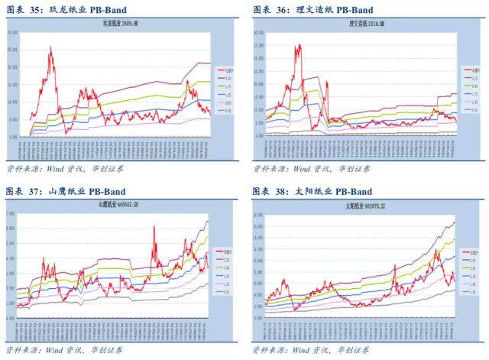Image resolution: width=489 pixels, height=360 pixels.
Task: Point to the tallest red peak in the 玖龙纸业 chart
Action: pos(51,47)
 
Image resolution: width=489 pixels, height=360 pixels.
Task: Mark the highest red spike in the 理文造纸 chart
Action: pos(298,44)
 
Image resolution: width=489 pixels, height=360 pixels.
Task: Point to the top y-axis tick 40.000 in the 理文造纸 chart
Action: pos(257,33)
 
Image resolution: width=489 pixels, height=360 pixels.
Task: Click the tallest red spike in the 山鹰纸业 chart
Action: pos(154,227)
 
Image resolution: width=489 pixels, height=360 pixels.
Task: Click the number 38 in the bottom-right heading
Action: pos(282,191)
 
